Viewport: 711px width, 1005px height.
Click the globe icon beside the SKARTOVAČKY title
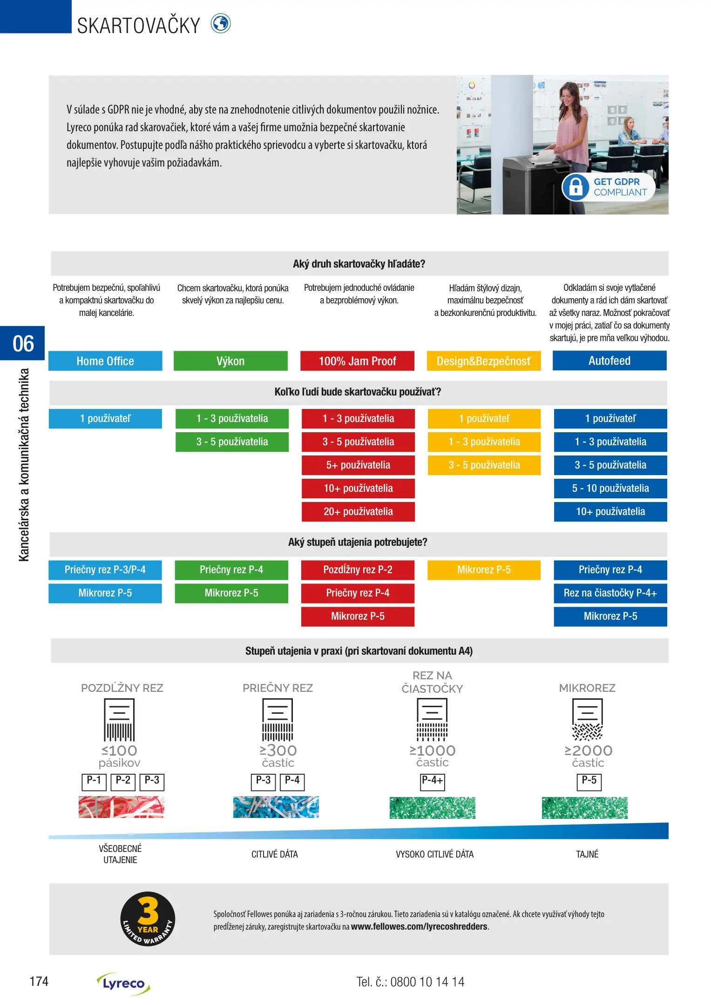coord(221,24)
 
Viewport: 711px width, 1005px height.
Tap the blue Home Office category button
coord(105,361)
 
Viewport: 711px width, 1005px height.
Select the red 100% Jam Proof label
coord(357,361)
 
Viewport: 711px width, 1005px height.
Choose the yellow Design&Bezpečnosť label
coord(483,361)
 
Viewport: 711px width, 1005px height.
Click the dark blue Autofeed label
coord(609,361)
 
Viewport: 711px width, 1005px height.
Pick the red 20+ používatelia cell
coord(358,511)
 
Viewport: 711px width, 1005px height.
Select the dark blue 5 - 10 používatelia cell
coord(610,488)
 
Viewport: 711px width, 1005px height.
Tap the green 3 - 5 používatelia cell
coord(232,442)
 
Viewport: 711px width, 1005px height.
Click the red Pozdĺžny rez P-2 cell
coord(358,569)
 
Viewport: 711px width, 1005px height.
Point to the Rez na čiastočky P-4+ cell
coord(610,593)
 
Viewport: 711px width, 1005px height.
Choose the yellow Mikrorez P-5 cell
coord(484,569)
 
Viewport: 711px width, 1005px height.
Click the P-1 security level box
coord(94,781)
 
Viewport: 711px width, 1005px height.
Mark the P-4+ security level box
coord(432,781)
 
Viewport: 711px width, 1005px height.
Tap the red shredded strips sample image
coord(121,807)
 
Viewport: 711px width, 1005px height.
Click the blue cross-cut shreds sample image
coord(276,807)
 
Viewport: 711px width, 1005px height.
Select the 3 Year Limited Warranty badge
coord(148,918)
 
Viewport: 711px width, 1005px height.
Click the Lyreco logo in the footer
coord(123,983)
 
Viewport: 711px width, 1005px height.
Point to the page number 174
coord(39,981)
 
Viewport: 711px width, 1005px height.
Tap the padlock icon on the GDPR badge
coord(576,187)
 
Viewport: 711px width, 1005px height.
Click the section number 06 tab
coord(23,343)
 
